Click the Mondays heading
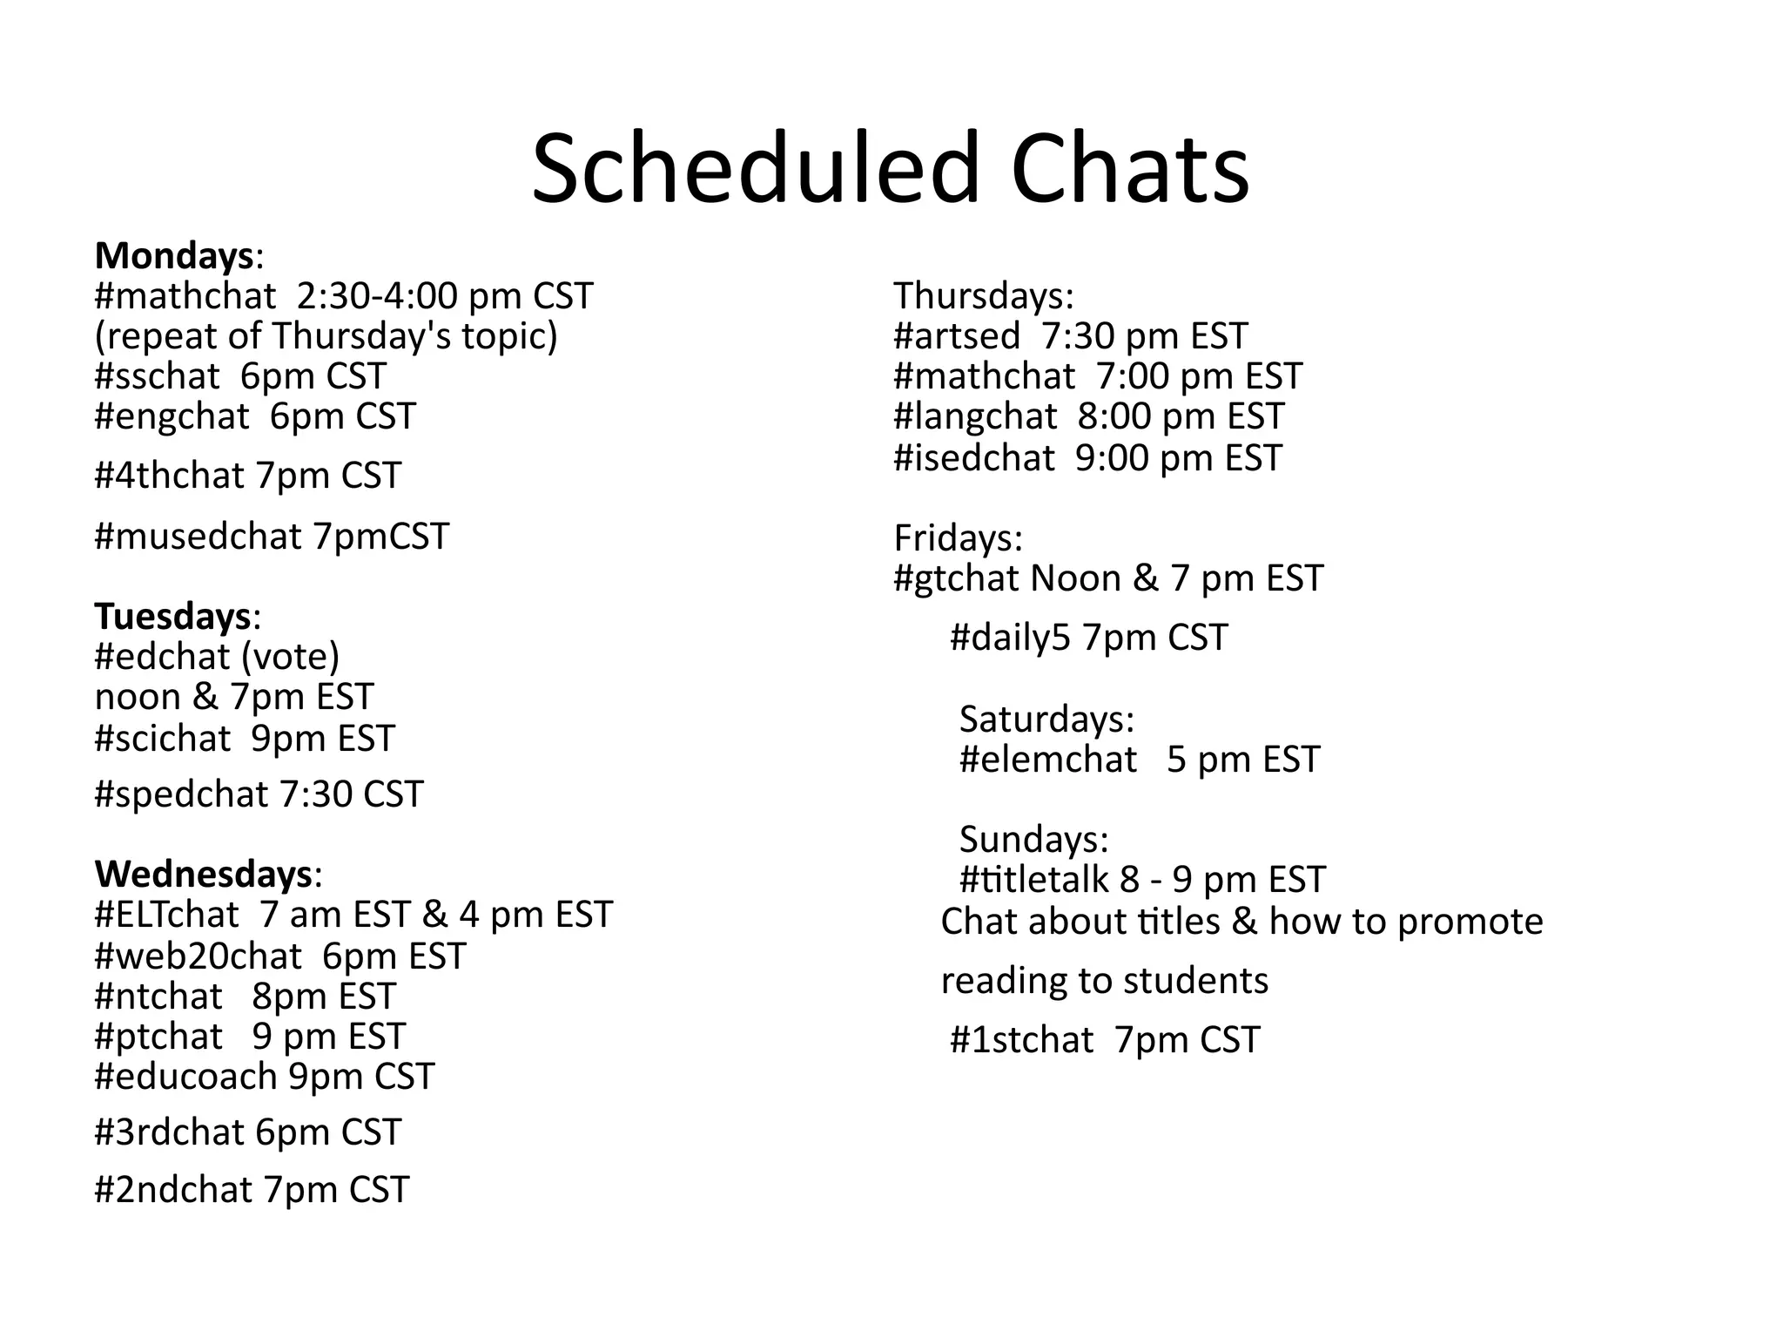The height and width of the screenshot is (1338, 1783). (174, 256)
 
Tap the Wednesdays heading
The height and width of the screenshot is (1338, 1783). (204, 874)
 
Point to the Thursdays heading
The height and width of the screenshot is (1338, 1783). (984, 296)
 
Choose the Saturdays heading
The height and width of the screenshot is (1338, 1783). (1046, 720)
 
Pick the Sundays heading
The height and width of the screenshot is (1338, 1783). (1033, 840)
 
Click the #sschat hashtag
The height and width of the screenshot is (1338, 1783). (157, 376)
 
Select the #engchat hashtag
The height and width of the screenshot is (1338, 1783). (172, 416)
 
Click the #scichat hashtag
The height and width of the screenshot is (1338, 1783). (163, 739)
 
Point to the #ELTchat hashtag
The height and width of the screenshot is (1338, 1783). (166, 915)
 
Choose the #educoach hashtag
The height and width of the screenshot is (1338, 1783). (185, 1077)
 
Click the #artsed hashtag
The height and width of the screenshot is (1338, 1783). (957, 336)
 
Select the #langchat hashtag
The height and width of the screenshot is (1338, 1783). (975, 416)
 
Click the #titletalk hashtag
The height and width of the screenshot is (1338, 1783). (1035, 880)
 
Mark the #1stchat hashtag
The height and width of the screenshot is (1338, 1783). (1021, 1040)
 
